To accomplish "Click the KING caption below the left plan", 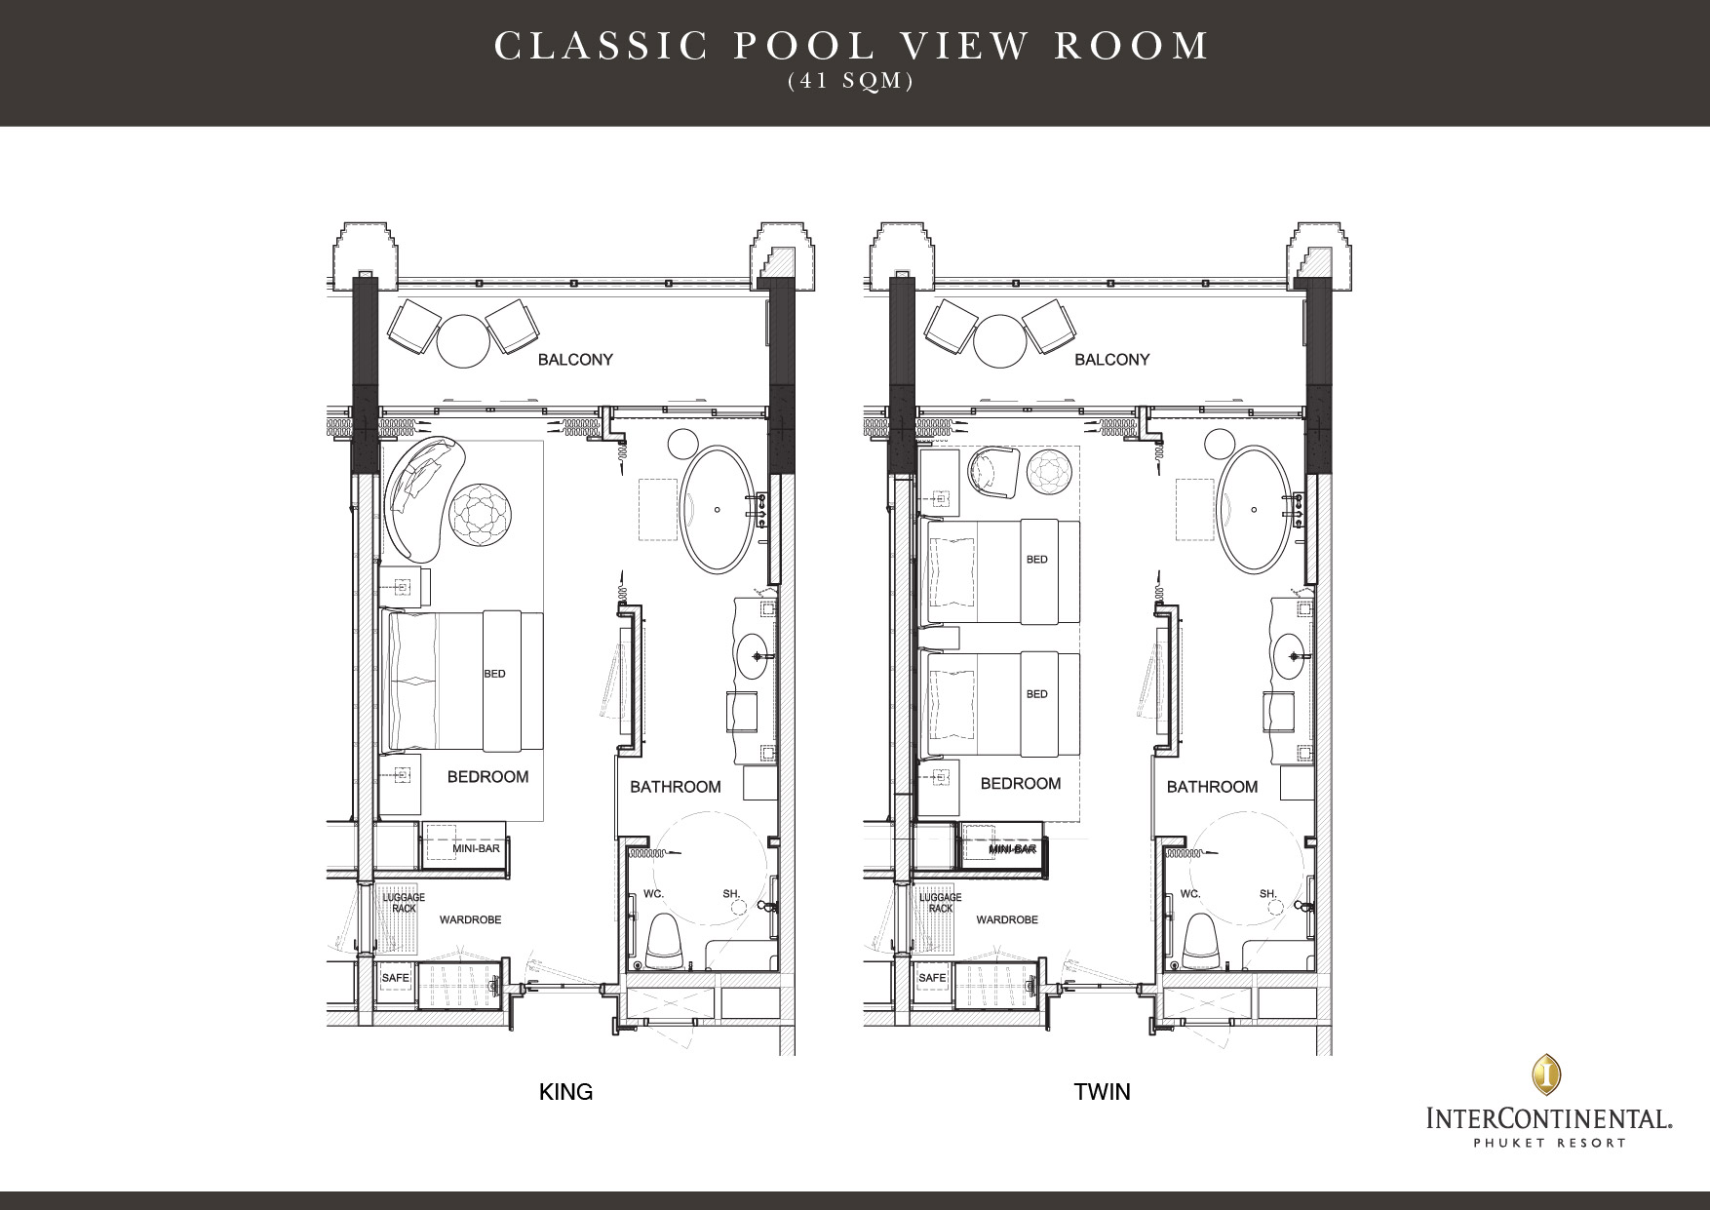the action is coord(565,1091).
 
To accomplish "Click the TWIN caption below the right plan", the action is coord(1102,1091).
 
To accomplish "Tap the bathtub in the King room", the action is coord(719,510).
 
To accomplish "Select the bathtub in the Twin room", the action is coord(1256,510).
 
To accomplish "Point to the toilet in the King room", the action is coord(666,941).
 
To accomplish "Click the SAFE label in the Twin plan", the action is coord(932,977).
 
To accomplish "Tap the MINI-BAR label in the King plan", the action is coord(476,849).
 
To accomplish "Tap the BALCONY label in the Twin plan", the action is coord(1111,360).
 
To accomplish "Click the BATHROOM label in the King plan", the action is coord(676,787).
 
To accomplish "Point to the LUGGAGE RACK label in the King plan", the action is coord(404,903).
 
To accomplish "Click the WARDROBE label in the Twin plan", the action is coord(1007,919).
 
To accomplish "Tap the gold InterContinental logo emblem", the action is coord(1546,1073).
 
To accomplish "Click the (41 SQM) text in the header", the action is coord(851,82).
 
